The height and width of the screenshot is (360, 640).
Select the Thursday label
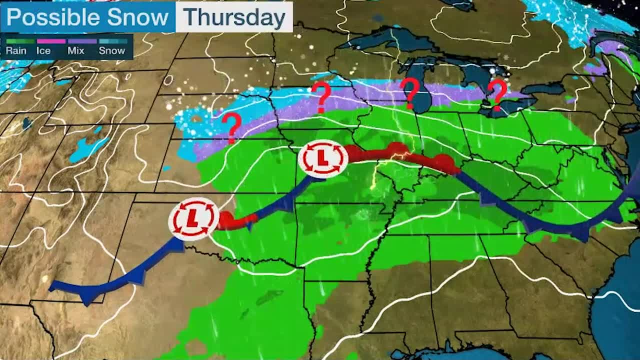coord(234,17)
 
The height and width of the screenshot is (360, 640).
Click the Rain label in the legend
coord(16,50)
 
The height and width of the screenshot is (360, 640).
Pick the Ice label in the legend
coord(43,50)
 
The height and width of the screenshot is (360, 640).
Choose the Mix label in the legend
coord(76,50)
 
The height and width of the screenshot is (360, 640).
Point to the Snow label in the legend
coord(111,50)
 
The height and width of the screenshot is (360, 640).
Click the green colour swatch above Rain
coord(20,41)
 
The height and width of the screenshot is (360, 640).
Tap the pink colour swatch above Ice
coord(50,41)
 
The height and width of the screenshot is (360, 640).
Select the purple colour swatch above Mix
coord(82,41)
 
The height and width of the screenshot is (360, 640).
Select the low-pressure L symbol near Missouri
coord(322,159)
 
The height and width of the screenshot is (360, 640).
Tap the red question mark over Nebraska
coord(231,127)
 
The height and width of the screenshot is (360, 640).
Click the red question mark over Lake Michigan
coord(411,93)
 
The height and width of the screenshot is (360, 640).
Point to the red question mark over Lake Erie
coord(497,94)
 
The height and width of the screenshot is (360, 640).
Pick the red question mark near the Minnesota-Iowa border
coord(321,96)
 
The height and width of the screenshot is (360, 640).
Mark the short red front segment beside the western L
coord(237,220)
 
